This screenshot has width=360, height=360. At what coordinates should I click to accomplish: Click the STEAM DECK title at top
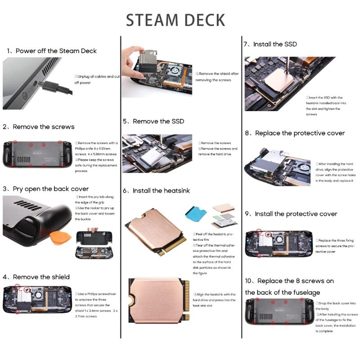(x=175, y=20)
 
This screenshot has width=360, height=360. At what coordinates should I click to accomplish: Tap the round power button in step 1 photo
(x=23, y=95)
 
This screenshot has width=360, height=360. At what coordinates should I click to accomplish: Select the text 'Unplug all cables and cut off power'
(x=96, y=80)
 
